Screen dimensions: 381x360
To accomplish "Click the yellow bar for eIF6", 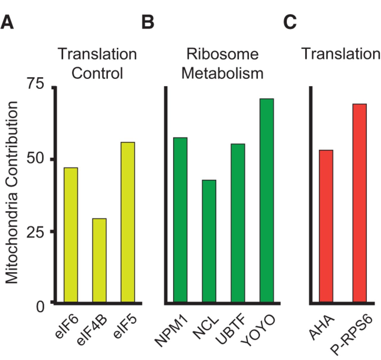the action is [71, 235].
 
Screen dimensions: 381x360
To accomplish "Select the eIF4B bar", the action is [99, 260].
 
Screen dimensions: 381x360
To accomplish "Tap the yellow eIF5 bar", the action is [128, 222].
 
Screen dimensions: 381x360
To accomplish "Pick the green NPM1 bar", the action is [180, 220].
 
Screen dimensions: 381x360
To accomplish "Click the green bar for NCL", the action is [209, 241].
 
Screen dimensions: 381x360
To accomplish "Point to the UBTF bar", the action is [238, 223].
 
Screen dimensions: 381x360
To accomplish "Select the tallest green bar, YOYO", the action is [267, 200].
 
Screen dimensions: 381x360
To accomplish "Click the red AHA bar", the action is [326, 226].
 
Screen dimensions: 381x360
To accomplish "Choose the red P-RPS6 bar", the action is [360, 203].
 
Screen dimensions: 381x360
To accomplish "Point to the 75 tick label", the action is [35, 85].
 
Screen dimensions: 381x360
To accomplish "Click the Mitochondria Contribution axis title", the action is [12, 193].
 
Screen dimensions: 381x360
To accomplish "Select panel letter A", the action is [7, 22].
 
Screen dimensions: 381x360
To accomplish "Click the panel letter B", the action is [148, 22].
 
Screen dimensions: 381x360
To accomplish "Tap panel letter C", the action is [290, 22].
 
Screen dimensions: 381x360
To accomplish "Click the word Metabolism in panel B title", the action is [222, 73].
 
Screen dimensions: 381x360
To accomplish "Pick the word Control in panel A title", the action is [97, 73].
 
